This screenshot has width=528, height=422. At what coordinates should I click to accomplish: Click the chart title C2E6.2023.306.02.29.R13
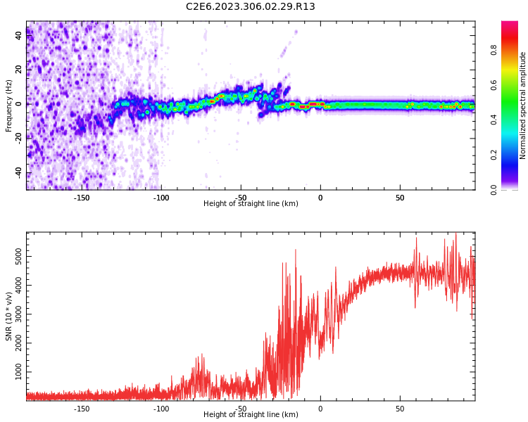(251, 7)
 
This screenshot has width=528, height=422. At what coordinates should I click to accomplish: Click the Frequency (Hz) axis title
(9, 105)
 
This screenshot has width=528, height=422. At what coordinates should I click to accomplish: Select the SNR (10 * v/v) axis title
(9, 316)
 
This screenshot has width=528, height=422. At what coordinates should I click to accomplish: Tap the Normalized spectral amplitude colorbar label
(523, 105)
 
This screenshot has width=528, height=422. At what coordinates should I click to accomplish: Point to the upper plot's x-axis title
(251, 204)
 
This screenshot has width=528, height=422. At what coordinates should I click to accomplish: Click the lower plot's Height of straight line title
(251, 415)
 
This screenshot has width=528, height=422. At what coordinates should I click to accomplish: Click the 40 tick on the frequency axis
(19, 34)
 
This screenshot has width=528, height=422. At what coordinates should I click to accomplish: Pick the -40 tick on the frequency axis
(18, 173)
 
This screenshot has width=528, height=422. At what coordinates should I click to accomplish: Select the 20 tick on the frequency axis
(19, 69)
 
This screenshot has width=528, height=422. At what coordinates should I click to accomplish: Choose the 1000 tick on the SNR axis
(19, 372)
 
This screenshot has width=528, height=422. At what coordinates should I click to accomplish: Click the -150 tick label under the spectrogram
(82, 198)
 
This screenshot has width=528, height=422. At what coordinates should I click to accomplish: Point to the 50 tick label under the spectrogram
(400, 198)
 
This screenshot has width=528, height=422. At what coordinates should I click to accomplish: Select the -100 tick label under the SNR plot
(161, 409)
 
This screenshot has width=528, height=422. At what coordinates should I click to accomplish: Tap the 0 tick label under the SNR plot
(320, 409)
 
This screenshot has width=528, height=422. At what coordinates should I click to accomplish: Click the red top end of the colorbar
(510, 24)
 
